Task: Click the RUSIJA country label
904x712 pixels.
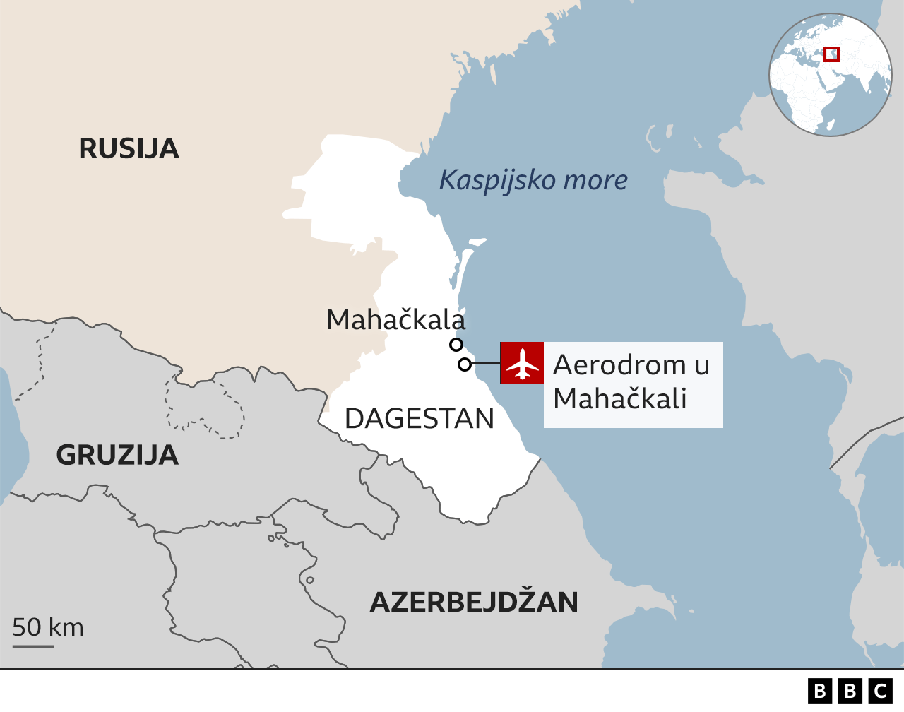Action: [129, 148]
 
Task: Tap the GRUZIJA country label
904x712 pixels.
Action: [117, 455]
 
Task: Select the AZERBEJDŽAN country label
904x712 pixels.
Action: [474, 602]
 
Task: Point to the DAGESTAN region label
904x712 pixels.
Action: [420, 419]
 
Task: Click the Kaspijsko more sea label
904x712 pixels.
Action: [533, 180]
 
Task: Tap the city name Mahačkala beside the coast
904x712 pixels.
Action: [395, 320]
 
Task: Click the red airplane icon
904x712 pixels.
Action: [522, 363]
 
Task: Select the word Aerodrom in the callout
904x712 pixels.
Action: [619, 365]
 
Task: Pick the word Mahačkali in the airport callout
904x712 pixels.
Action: [619, 399]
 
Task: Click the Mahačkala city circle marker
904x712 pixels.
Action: [456, 345]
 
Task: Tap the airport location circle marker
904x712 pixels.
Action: [465, 364]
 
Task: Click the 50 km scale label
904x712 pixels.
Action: [48, 627]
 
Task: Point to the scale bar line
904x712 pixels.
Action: [33, 646]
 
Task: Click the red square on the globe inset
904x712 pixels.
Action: [832, 54]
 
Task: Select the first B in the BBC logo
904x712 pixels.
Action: [820, 690]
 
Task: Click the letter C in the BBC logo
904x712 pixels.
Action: [881, 690]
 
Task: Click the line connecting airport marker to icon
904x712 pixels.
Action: [485, 364]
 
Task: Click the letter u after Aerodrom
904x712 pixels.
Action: [701, 365]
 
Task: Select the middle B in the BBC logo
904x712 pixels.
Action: [850, 690]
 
